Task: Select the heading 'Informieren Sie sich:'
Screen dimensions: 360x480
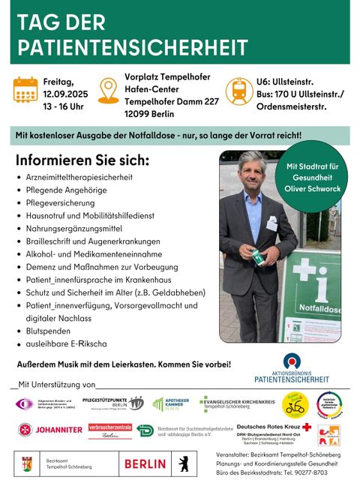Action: click(82, 161)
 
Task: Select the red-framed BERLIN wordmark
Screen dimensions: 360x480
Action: click(145, 463)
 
